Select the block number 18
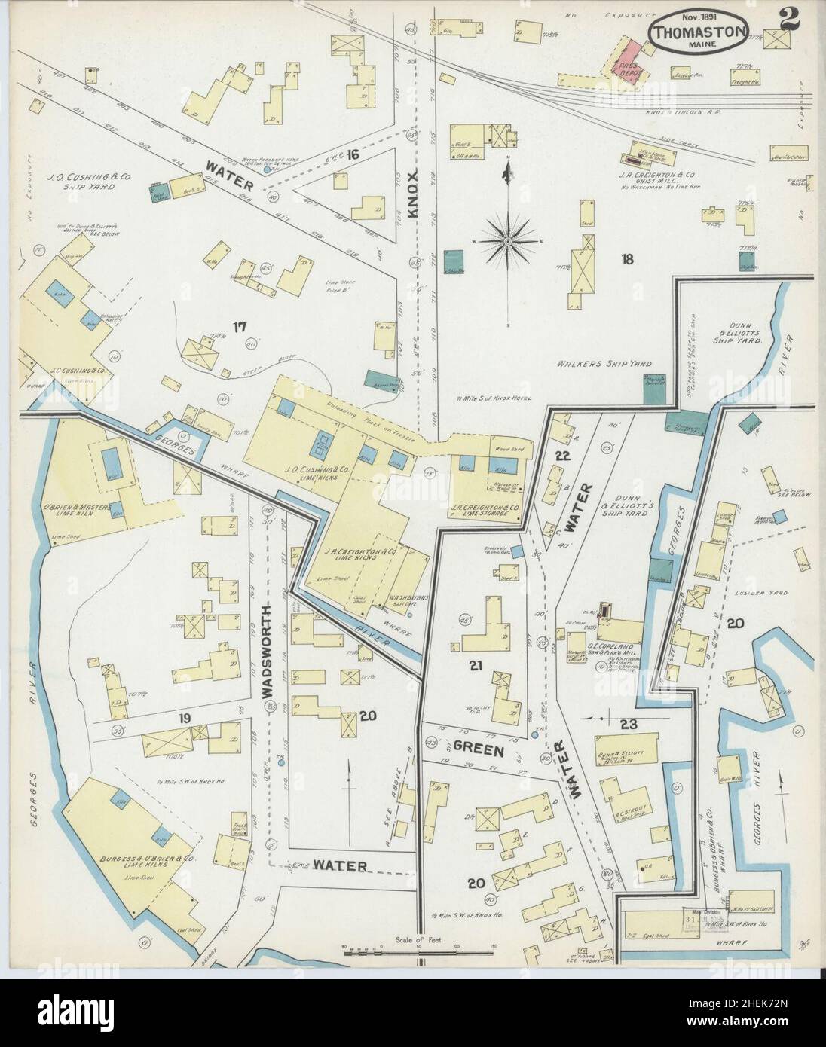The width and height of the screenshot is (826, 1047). click(x=626, y=260)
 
